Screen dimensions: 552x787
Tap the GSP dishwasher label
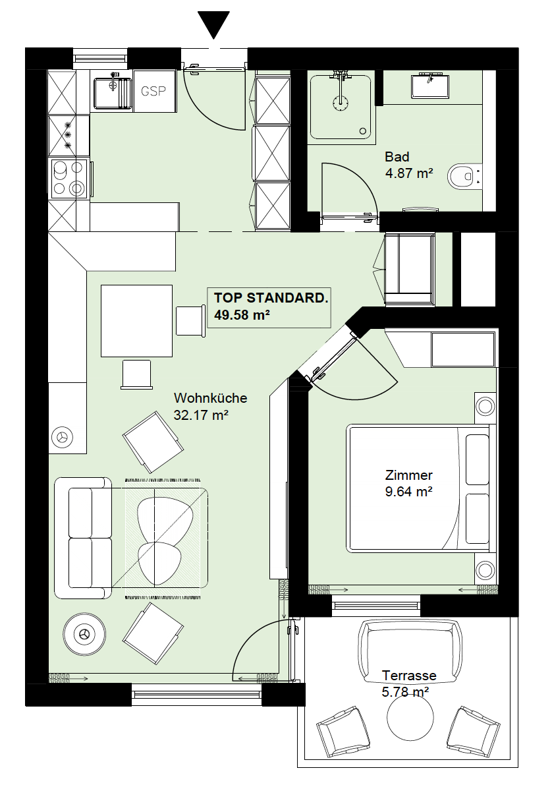point(153,92)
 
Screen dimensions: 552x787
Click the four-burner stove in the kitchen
point(69,178)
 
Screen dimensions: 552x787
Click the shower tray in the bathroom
point(341,107)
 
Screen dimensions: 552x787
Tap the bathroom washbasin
point(431,86)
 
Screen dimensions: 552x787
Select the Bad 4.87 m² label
point(408,165)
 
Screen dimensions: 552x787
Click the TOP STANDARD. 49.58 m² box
point(269,308)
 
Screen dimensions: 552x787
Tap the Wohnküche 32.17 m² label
point(210,407)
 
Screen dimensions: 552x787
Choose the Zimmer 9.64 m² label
point(408,483)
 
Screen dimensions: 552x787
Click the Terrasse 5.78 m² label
point(408,684)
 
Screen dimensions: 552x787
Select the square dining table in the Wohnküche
point(136,321)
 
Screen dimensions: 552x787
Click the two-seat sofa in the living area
point(83,538)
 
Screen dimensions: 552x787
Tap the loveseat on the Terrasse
point(410,645)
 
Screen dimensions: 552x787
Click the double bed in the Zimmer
point(418,488)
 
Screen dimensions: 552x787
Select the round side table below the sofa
point(84,635)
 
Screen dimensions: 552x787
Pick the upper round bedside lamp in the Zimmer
point(485,406)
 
